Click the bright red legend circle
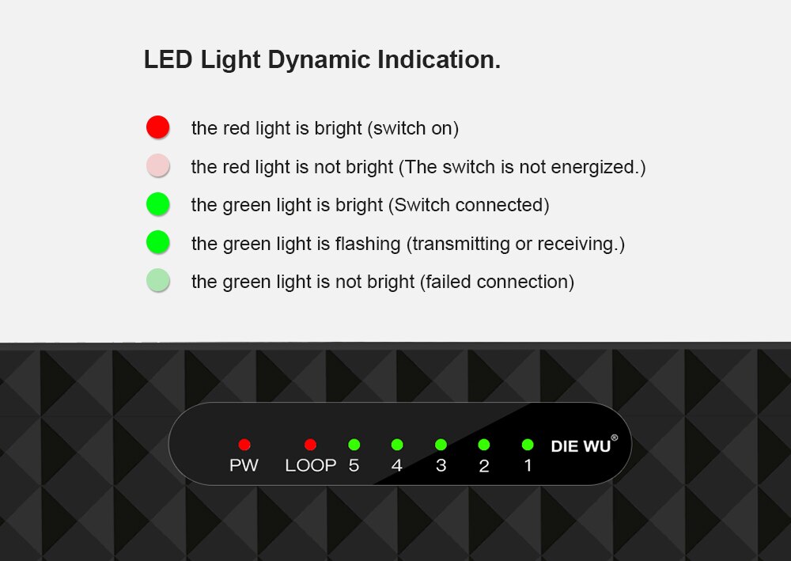click(158, 127)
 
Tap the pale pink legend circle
click(158, 165)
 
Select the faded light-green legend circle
click(158, 280)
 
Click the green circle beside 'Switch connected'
click(158, 204)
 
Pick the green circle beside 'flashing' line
click(158, 242)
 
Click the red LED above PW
click(244, 445)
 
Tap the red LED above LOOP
click(310, 445)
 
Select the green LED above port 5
click(354, 445)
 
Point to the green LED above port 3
click(441, 445)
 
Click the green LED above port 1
click(528, 445)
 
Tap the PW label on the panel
click(244, 465)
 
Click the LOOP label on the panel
click(310, 465)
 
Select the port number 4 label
click(397, 465)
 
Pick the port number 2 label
click(484, 465)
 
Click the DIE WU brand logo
click(581, 446)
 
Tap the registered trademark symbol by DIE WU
click(614, 438)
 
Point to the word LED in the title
click(168, 59)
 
